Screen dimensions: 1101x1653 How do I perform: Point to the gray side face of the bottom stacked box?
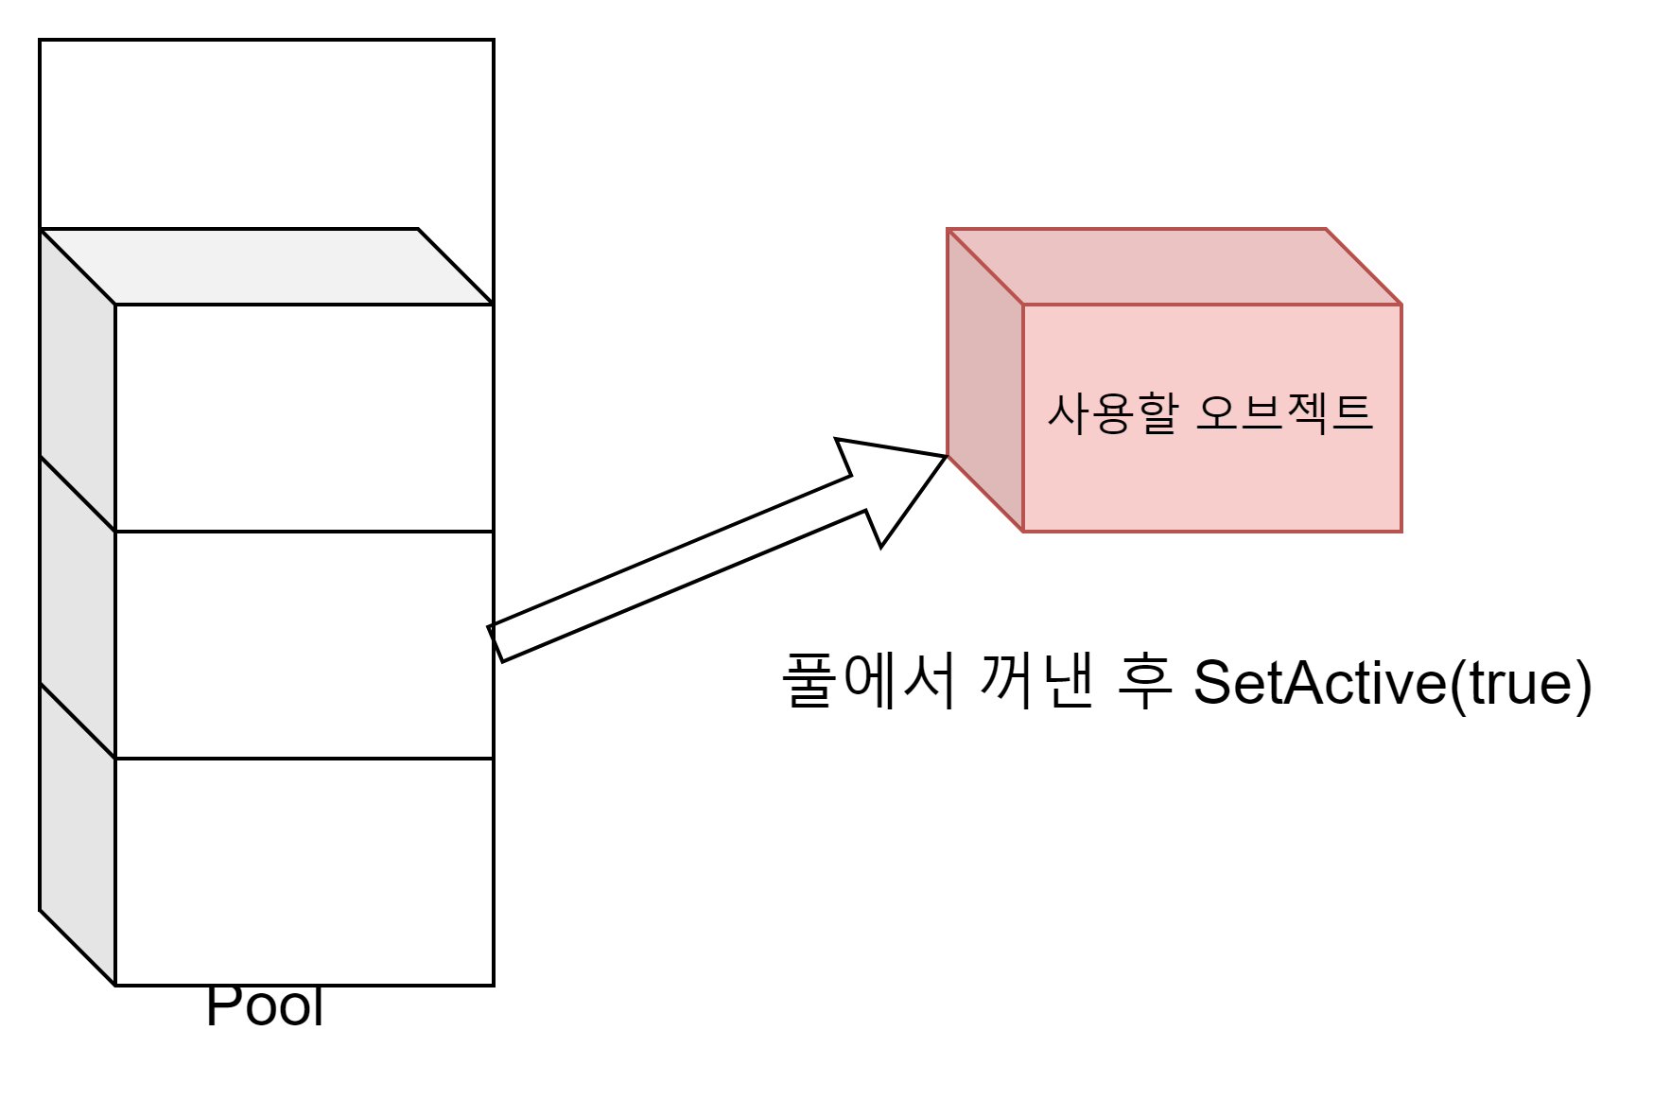[78, 832]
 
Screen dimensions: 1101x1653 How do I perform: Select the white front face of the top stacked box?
[303, 417]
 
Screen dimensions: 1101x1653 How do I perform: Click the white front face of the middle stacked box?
[303, 644]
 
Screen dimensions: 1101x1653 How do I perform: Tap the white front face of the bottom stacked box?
[303, 870]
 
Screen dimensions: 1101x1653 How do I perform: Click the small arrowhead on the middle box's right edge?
[490, 633]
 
